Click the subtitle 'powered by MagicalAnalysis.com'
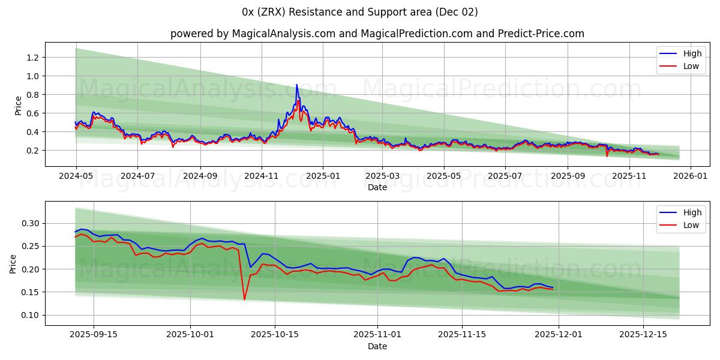(x=253, y=34)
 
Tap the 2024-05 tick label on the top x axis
(x=76, y=176)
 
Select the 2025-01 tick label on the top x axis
(x=323, y=176)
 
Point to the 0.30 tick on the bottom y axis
(x=29, y=223)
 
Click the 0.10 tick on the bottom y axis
(x=29, y=315)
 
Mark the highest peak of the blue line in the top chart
(x=296, y=85)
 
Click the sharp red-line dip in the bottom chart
(x=244, y=299)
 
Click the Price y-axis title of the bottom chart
(x=13, y=263)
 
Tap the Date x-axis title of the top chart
(x=377, y=187)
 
